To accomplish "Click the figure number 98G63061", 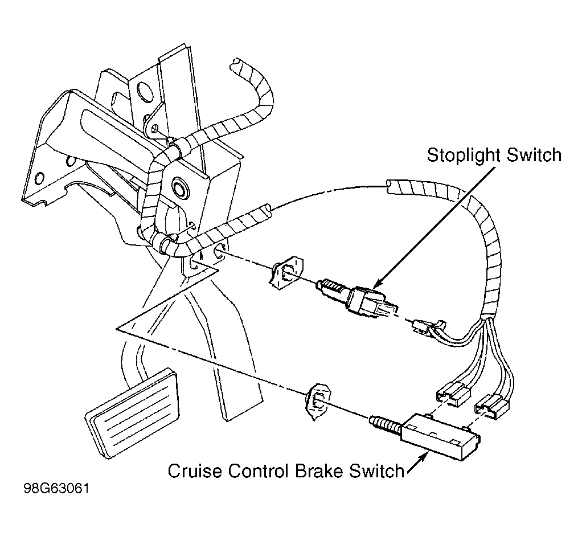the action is pyautogui.click(x=56, y=488).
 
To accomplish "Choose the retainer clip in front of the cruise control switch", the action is pyautogui.click(x=317, y=402).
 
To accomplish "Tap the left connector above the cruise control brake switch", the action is pyautogui.click(x=453, y=394).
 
